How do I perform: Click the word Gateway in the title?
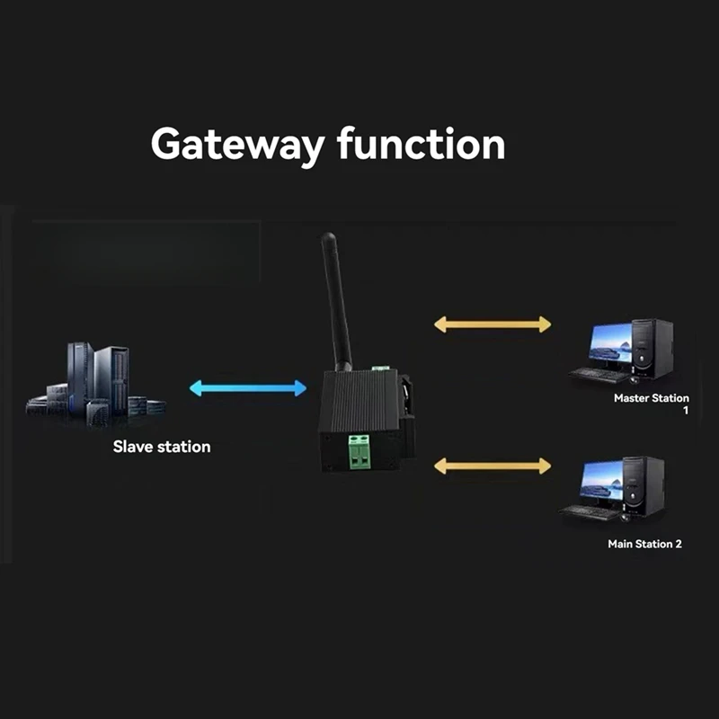click(235, 144)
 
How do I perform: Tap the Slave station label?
click(162, 446)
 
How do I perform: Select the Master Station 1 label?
click(651, 397)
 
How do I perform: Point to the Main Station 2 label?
click(644, 544)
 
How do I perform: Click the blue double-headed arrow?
click(248, 388)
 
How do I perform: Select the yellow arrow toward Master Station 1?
click(493, 324)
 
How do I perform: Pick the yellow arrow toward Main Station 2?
click(493, 466)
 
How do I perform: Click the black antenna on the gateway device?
click(335, 301)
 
